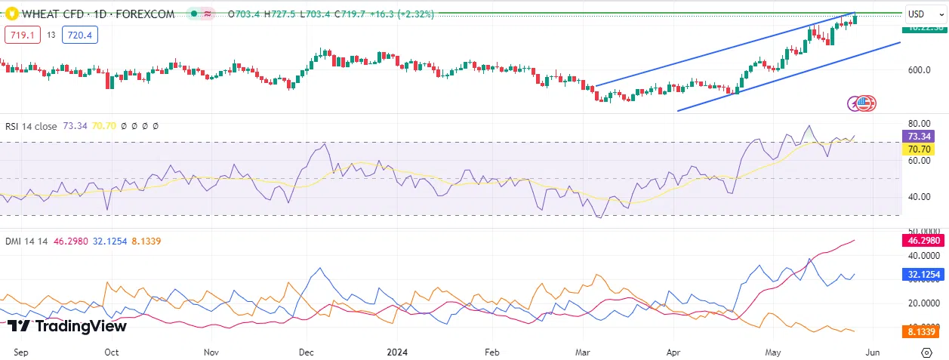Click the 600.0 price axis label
(x=919, y=69)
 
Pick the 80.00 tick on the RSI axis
(x=918, y=124)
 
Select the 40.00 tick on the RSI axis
(x=918, y=196)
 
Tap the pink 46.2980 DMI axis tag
(x=923, y=241)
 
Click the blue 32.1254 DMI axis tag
(x=923, y=275)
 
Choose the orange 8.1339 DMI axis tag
(x=923, y=331)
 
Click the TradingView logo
(x=67, y=326)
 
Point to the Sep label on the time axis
(x=22, y=352)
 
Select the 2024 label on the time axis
(x=398, y=352)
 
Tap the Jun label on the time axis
(x=872, y=352)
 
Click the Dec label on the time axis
(x=307, y=352)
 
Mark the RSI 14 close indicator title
(x=31, y=127)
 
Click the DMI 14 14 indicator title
(x=27, y=241)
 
